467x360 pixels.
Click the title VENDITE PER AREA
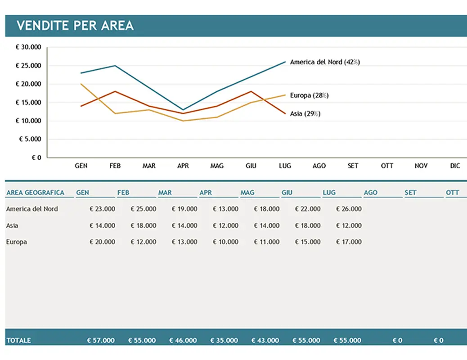point(75,26)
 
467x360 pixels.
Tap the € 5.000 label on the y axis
point(30,139)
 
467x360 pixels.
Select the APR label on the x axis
point(183,166)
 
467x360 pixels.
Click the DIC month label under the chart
point(455,166)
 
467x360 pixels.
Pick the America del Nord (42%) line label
point(325,62)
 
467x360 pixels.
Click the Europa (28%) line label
point(309,95)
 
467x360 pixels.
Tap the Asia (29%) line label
point(305,114)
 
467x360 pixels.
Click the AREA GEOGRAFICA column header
point(35,193)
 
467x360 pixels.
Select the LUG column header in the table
point(329,193)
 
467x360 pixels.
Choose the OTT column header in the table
point(453,193)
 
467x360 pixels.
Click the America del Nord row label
point(32,209)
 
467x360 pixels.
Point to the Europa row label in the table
point(17,242)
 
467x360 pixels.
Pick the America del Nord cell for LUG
point(349,209)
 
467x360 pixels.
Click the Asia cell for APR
point(225,225)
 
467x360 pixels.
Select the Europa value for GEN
point(102,242)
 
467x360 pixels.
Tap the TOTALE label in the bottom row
point(18,341)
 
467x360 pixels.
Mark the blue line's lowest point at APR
point(183,110)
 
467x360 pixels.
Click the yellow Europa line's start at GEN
point(81,84)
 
